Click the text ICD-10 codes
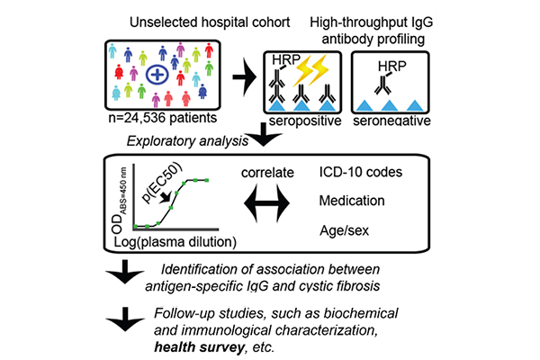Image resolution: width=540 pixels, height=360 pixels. click(x=380, y=168)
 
